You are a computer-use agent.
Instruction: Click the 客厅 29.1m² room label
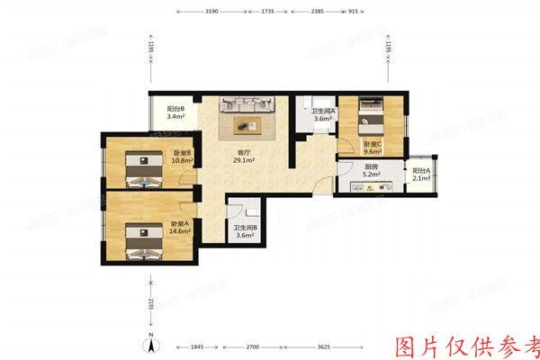click(244, 156)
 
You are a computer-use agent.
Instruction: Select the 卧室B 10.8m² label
click(182, 157)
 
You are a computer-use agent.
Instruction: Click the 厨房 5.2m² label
click(372, 171)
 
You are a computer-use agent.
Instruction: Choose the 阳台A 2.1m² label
click(421, 175)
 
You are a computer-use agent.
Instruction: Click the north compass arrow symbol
click(152, 344)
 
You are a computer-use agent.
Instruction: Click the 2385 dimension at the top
click(318, 13)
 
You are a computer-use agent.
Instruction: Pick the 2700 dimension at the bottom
click(253, 346)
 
